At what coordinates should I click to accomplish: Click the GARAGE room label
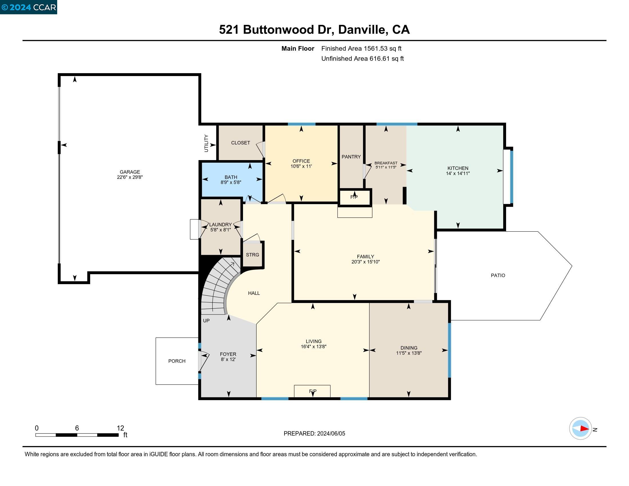[x=130, y=172]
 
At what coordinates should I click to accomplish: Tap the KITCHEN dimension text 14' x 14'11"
[x=458, y=173]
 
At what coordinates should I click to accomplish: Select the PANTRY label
[x=351, y=157]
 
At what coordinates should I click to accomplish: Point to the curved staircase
[x=220, y=285]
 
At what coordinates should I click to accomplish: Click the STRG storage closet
[x=252, y=255]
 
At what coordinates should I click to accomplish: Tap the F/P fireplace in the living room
[x=312, y=391]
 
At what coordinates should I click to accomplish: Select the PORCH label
[x=177, y=361]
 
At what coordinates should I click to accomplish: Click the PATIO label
[x=498, y=275]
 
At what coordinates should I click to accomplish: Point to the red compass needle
[x=584, y=429]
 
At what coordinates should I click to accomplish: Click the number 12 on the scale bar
[x=120, y=428]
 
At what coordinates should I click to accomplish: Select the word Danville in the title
[x=361, y=30]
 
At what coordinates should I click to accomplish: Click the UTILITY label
[x=206, y=143]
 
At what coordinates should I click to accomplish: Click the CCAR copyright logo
[x=29, y=7]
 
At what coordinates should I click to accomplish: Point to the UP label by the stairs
[x=206, y=320]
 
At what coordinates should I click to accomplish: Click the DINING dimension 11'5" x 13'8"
[x=409, y=353]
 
